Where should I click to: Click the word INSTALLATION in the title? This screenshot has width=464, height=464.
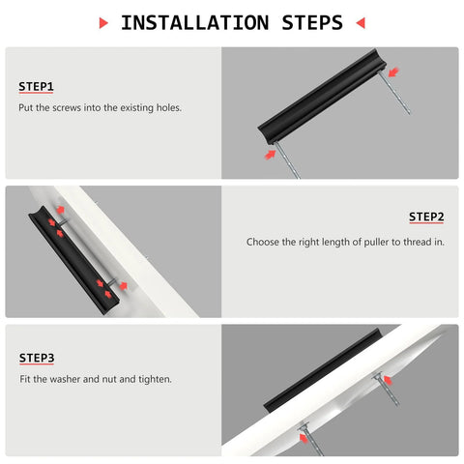[x=194, y=22]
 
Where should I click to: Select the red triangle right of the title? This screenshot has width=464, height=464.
[x=361, y=22]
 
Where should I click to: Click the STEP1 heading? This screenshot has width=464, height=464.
[x=36, y=87]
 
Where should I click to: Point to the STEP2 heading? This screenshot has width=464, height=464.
[x=426, y=217]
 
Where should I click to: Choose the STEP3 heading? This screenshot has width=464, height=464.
[x=36, y=358]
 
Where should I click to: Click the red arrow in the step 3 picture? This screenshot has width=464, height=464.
[x=307, y=438]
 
